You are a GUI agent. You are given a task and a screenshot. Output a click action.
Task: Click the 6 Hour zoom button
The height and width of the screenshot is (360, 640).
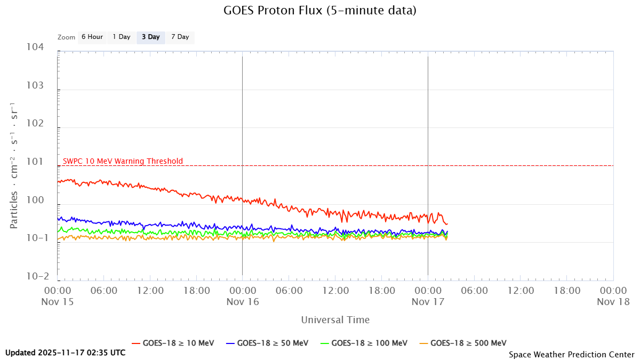point(92,37)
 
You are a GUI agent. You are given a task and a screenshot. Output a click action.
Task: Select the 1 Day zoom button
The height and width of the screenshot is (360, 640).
point(121,37)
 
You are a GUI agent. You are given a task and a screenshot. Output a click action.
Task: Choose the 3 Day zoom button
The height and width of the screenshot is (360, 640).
point(150,37)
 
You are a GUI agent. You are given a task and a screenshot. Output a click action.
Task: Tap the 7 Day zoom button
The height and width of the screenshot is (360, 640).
point(180,37)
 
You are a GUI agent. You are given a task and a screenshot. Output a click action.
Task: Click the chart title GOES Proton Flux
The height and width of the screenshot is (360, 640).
point(320,10)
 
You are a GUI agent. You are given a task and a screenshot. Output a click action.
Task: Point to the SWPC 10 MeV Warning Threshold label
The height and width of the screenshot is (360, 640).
point(123,161)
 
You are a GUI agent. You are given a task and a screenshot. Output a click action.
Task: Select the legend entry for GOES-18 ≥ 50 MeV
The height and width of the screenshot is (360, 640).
point(267,343)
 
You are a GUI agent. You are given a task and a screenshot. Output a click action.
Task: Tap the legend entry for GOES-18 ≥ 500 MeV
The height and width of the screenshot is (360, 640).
point(462,343)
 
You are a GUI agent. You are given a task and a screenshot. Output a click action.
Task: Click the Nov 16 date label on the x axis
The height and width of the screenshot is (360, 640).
point(243,302)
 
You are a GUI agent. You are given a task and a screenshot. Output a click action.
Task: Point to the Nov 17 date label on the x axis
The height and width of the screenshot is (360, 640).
point(428,302)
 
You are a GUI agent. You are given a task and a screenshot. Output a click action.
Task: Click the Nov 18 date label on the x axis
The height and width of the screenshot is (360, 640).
point(613,302)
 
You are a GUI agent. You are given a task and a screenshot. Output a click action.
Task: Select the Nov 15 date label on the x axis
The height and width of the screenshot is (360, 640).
point(58,302)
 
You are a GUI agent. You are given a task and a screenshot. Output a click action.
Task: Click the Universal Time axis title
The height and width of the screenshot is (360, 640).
point(335,320)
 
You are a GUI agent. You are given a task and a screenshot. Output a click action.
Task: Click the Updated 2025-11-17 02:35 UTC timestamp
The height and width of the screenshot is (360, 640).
point(66,353)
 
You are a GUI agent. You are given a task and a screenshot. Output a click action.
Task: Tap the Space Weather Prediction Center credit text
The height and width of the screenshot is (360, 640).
point(571,354)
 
